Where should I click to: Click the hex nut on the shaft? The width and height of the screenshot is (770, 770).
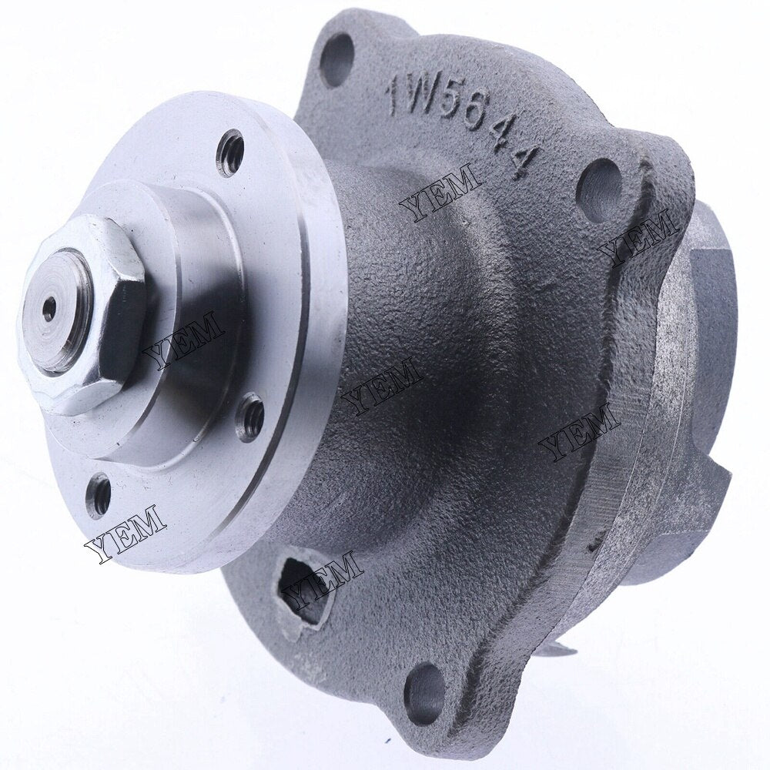pyautogui.click(x=81, y=316)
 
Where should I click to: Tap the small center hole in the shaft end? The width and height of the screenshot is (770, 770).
pyautogui.click(x=49, y=309)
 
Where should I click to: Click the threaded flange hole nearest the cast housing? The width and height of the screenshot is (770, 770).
pyautogui.click(x=249, y=416)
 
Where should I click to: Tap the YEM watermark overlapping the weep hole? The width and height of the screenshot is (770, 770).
pyautogui.click(x=323, y=577)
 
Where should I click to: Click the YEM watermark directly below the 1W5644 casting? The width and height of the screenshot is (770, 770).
pyautogui.click(x=440, y=192)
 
